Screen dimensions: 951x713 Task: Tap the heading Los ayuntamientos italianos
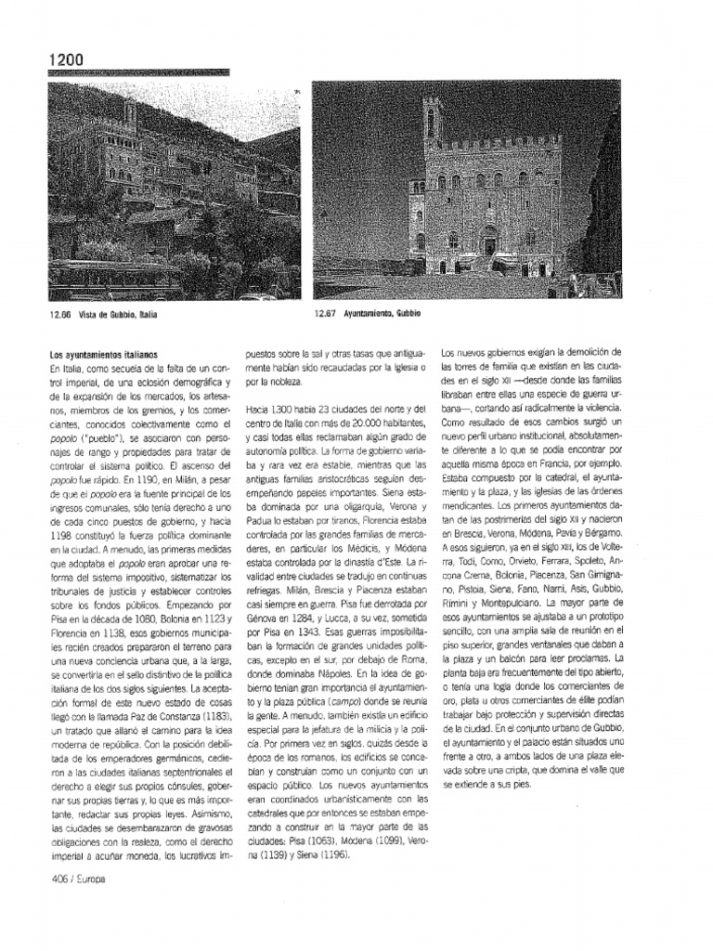point(103,355)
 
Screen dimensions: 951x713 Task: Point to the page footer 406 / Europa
point(78,880)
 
